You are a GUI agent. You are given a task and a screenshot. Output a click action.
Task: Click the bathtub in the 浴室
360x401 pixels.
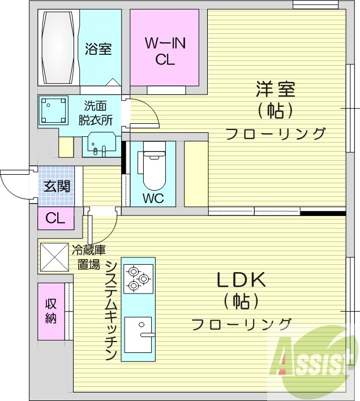(x=58, y=48)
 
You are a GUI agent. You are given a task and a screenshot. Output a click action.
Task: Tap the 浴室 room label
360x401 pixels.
(x=98, y=49)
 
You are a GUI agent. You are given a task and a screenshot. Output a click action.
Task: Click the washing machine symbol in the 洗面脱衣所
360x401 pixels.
(x=53, y=111)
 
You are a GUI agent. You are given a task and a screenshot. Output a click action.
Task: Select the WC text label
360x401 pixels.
(x=153, y=199)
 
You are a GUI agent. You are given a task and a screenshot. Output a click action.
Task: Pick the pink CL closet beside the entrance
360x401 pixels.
(x=55, y=218)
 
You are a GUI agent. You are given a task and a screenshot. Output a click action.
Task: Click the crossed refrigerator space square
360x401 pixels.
(x=53, y=257)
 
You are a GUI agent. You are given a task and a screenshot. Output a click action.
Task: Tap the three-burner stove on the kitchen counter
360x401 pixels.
(x=138, y=278)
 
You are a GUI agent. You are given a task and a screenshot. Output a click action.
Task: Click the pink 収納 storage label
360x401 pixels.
(x=51, y=311)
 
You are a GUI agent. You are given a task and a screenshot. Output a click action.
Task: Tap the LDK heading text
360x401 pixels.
(x=240, y=280)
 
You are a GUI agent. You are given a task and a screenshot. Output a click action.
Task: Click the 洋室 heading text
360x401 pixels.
(x=276, y=90)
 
